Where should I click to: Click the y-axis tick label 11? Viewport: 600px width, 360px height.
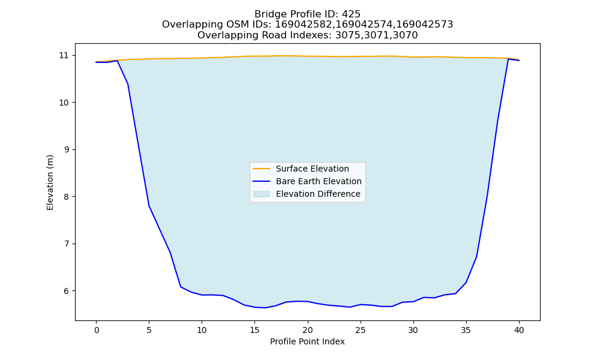coord(64,55)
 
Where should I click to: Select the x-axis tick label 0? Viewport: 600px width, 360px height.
coord(97,330)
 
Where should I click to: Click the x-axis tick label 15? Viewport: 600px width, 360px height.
coord(255,330)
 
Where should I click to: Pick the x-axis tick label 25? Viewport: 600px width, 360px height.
coord(361,330)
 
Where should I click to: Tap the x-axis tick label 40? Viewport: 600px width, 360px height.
coord(519,330)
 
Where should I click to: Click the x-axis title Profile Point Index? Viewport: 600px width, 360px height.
coord(307,341)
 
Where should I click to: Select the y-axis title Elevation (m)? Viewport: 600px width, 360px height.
coord(50,182)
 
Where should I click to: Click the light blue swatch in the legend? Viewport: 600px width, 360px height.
coord(262,194)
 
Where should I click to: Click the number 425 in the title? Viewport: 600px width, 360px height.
coord(351,14)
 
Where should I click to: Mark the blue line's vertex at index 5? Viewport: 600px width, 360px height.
coord(149,206)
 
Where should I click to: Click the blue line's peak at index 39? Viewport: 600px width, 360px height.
coord(508,59)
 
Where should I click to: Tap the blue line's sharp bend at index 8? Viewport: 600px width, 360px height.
coord(181,287)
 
